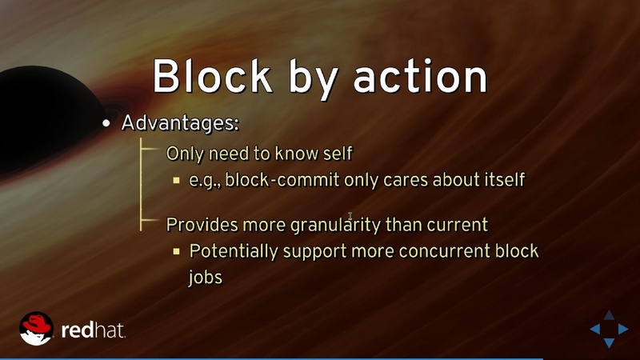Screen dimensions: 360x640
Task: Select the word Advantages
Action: click(180, 124)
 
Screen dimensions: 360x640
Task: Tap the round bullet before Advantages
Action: click(106, 125)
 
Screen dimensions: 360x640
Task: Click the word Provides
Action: click(197, 224)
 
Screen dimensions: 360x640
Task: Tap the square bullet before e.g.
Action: click(176, 180)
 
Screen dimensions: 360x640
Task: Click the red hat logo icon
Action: click(37, 328)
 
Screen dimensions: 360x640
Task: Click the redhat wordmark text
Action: click(93, 329)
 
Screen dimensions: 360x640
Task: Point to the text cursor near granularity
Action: click(350, 216)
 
